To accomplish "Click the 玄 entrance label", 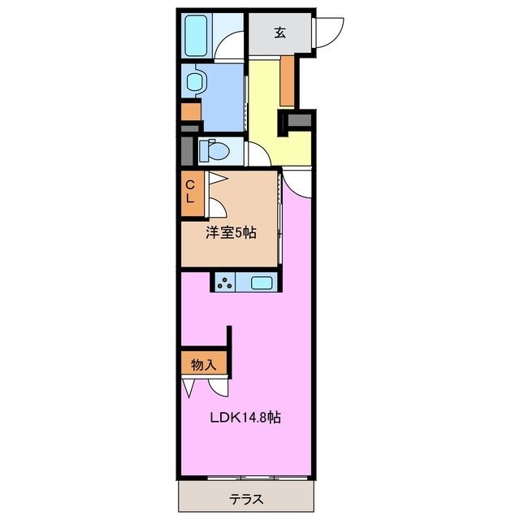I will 279,32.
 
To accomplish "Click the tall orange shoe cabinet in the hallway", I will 287,81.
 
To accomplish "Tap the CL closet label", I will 190,193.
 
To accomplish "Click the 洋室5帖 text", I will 230,232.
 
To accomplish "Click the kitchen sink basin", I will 262,283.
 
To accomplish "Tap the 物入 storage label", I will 203,365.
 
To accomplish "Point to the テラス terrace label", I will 245,497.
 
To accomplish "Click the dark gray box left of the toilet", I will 187,150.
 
